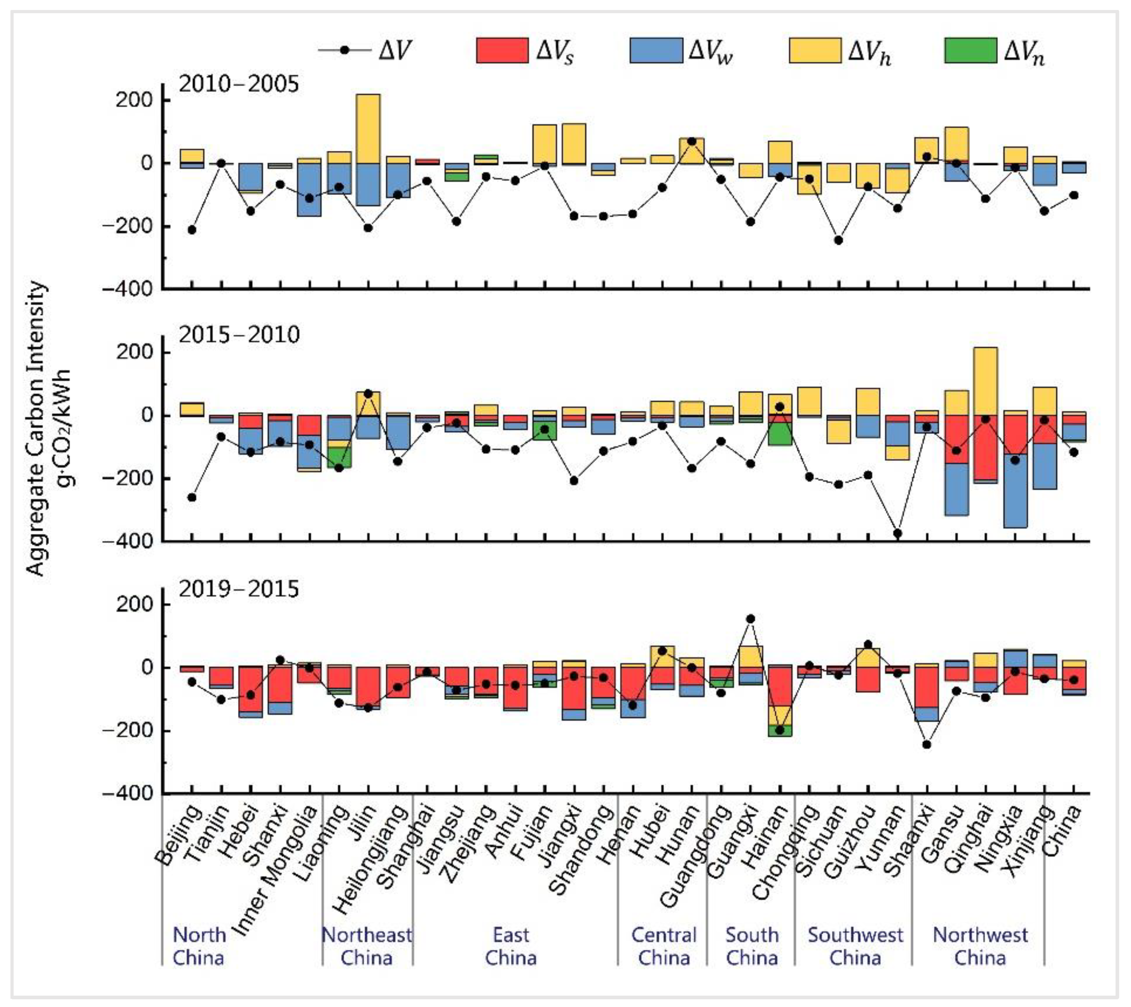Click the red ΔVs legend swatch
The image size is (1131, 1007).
tap(501, 50)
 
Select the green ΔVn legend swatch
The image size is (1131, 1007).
tap(970, 50)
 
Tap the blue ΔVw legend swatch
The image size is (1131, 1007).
tap(656, 50)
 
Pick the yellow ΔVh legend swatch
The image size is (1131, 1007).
tap(814, 50)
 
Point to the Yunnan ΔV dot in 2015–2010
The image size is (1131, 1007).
tap(898, 533)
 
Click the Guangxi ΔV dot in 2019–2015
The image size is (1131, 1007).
tap(750, 619)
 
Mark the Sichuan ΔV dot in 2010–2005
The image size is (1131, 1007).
tap(838, 240)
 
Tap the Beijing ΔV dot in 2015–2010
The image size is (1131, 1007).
tap(191, 497)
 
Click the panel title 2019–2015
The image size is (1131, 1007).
tap(238, 589)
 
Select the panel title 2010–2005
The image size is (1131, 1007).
tap(238, 84)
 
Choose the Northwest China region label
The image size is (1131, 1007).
tap(980, 946)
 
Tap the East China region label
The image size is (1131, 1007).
tap(511, 946)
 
